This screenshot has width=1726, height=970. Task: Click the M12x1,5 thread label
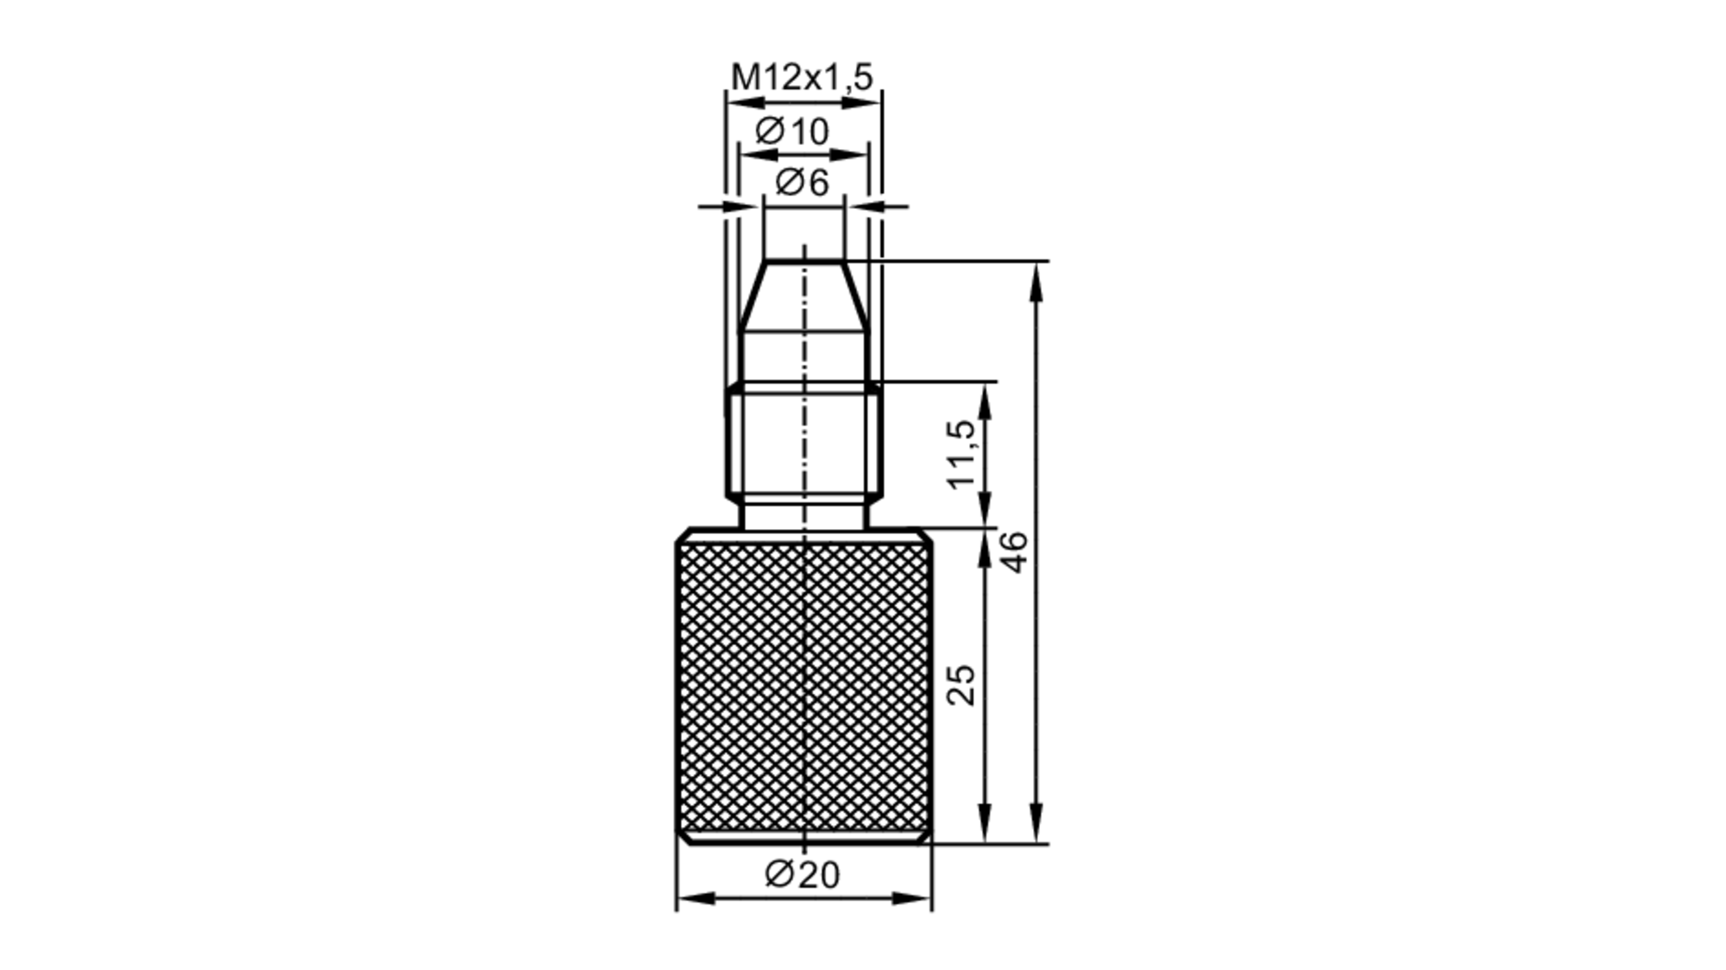[x=802, y=78]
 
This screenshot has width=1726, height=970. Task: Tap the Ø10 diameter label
[x=791, y=132]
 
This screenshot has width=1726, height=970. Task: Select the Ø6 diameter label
[x=802, y=183]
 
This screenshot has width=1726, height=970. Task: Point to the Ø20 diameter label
[x=802, y=875]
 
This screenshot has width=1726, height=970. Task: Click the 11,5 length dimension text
[x=961, y=455]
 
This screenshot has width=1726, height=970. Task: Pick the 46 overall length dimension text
[x=1015, y=552]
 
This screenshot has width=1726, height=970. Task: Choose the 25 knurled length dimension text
[x=961, y=685]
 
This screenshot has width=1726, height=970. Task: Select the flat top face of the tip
[x=803, y=261]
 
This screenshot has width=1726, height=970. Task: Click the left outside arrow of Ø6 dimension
[x=743, y=206]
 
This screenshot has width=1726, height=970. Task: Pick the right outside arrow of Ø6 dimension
[x=866, y=206]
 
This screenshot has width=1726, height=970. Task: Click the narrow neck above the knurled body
[x=803, y=516]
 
